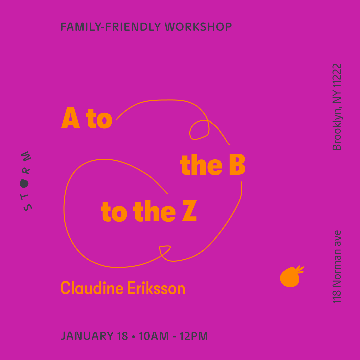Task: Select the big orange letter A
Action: pos(71,119)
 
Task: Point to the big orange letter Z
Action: pos(189,212)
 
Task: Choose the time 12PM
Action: pos(194,336)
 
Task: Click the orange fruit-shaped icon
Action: pos(291,277)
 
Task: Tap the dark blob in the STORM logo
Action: pos(24,183)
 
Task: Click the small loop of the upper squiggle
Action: pos(199,130)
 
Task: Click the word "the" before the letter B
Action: pos(201,166)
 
